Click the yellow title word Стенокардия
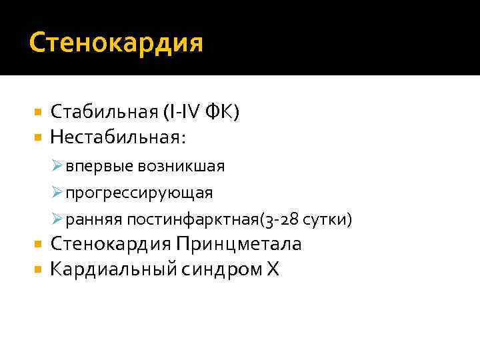(x=117, y=44)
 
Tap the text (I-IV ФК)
(x=199, y=113)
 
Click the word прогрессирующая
(x=139, y=193)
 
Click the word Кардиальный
(x=111, y=271)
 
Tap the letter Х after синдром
(x=273, y=271)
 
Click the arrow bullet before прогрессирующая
(x=57, y=193)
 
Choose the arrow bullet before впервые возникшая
(x=57, y=166)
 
